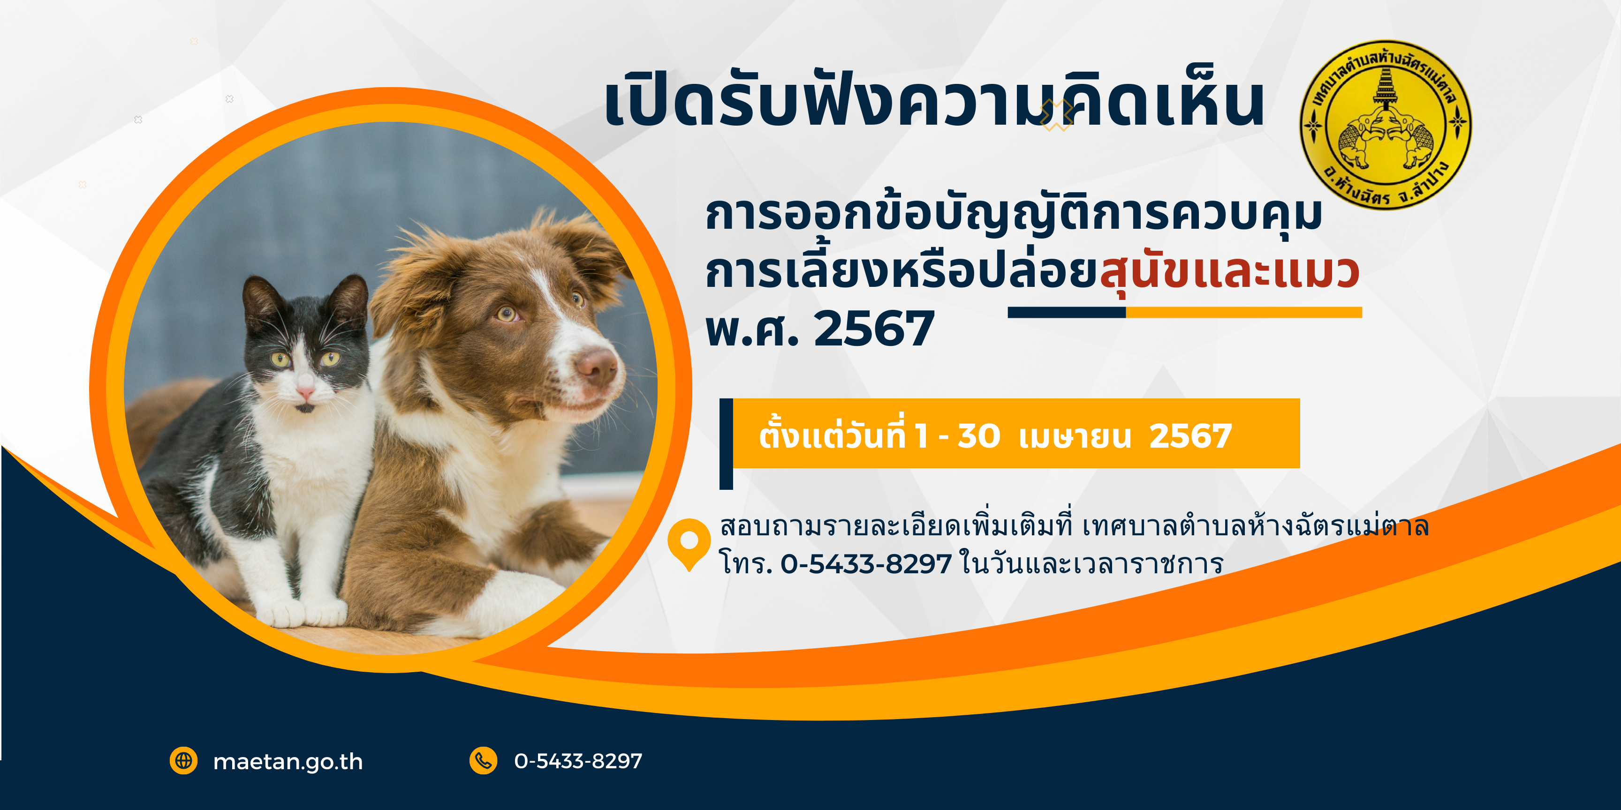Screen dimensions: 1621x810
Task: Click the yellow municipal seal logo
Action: [x=1386, y=125]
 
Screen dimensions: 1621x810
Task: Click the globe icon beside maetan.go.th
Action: [x=184, y=761]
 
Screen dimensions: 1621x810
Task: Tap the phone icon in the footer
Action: [x=483, y=761]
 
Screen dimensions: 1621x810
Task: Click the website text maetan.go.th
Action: [x=288, y=762]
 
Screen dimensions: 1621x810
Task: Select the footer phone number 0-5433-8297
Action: [x=578, y=761]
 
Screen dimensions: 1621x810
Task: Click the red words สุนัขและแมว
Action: [x=1229, y=272]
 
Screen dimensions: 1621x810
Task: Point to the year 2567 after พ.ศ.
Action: [x=874, y=328]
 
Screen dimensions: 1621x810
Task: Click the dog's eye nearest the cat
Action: [x=507, y=313]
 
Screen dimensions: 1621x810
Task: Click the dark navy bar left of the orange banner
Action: [x=726, y=443]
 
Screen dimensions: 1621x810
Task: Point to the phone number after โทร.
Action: [x=866, y=563]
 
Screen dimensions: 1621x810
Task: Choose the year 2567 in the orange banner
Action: [x=1190, y=436]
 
